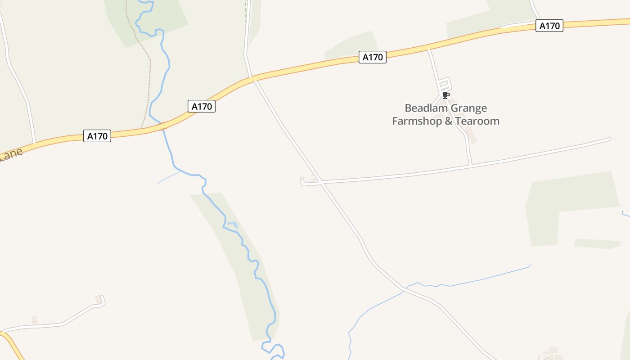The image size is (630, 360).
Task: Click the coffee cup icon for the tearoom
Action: (445, 95)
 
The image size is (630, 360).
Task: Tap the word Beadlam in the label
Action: (424, 108)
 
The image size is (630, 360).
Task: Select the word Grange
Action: (467, 108)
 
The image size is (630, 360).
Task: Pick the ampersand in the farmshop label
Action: (448, 121)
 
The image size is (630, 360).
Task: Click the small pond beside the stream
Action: (231, 224)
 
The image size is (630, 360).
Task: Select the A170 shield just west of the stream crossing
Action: (97, 136)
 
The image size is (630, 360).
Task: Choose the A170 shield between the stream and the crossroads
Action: (202, 107)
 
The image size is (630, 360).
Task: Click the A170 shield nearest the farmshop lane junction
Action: (373, 57)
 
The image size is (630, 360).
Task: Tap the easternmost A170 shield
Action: (549, 26)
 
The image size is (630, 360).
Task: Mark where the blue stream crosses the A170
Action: (162, 126)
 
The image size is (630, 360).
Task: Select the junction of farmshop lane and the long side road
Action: (470, 166)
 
